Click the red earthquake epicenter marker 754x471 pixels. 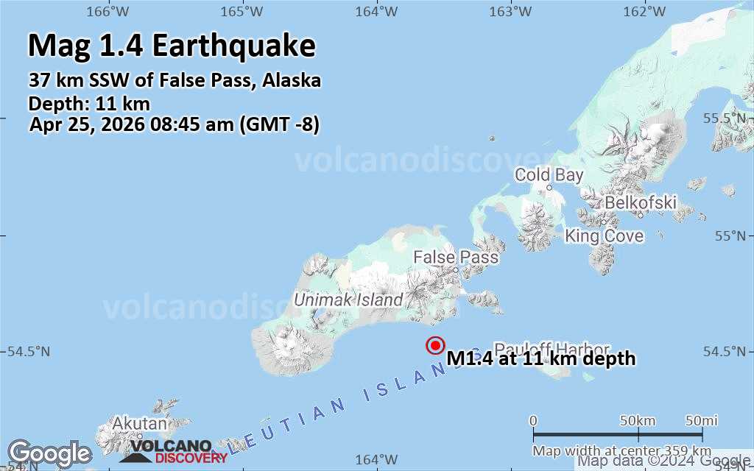point(435,345)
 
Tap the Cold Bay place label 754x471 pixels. point(549,175)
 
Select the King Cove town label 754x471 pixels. point(604,235)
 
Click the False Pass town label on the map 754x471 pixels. point(455,258)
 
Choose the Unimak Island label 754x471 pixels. point(348,300)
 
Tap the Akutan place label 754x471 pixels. point(139,424)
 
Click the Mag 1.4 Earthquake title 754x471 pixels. point(172,46)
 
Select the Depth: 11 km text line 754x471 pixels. point(89,103)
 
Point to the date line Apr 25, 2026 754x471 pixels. point(175,124)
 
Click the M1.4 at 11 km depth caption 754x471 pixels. point(540,358)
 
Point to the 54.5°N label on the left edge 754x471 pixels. point(25,352)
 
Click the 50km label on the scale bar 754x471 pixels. point(638,420)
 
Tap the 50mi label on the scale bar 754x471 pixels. point(701,420)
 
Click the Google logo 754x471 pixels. point(49,453)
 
